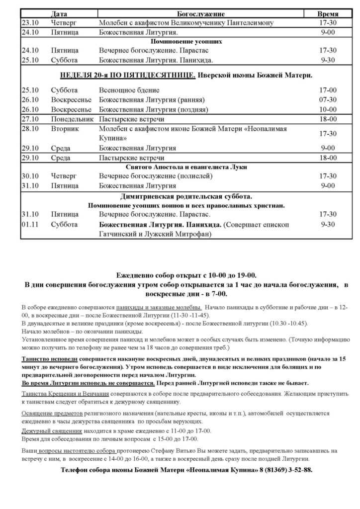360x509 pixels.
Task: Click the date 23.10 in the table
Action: tap(28, 23)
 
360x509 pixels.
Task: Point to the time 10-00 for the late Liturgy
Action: tap(328, 109)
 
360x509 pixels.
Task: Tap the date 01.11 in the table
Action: tap(28, 225)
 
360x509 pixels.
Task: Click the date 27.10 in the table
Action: tap(28, 119)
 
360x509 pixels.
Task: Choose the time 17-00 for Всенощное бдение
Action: tap(328, 90)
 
